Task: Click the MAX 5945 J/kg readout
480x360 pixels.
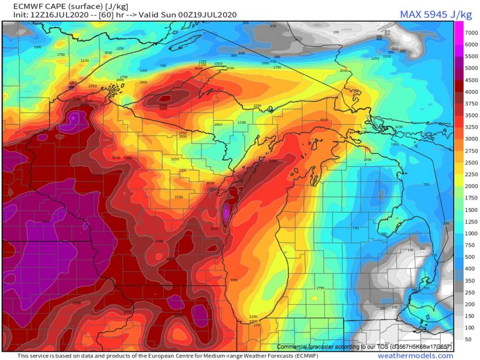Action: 435,15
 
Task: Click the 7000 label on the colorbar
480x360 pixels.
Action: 471,32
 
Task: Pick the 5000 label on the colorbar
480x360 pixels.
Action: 471,67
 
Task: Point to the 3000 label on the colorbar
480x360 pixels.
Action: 471,139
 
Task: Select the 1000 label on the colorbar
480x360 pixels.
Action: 471,233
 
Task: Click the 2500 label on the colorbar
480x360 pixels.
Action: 471,163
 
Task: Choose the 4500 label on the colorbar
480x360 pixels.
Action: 471,80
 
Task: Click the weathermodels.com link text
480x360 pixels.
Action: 415,356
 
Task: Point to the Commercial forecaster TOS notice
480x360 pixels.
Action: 364,347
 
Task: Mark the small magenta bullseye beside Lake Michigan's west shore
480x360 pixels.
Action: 226,212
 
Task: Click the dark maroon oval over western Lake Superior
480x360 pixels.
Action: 164,99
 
